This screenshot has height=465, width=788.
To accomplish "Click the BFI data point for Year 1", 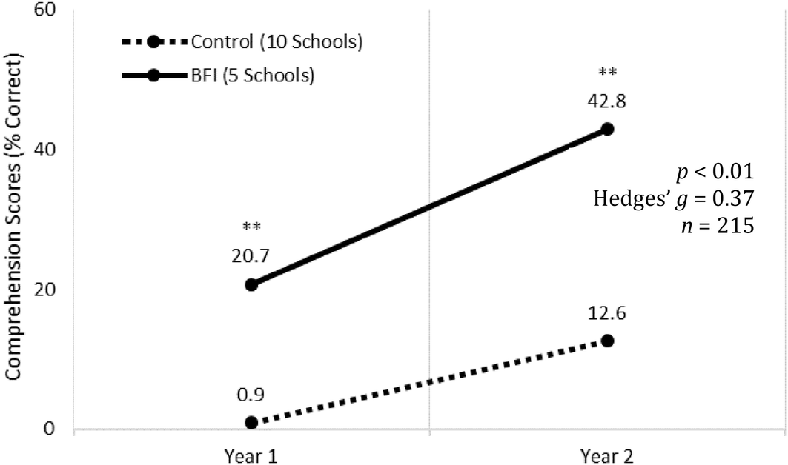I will point(251,284).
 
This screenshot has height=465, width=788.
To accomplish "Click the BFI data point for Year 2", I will point(607,129).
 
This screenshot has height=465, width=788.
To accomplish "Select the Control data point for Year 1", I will point(251,422).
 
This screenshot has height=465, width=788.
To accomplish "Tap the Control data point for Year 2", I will point(607,341).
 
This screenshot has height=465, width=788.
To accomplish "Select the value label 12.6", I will point(607,312).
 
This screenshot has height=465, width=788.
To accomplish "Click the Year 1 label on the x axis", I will point(251,454).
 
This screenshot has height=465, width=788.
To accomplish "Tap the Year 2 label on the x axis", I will point(607,454).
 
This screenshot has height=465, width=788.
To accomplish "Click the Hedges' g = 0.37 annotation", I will point(673,198).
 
